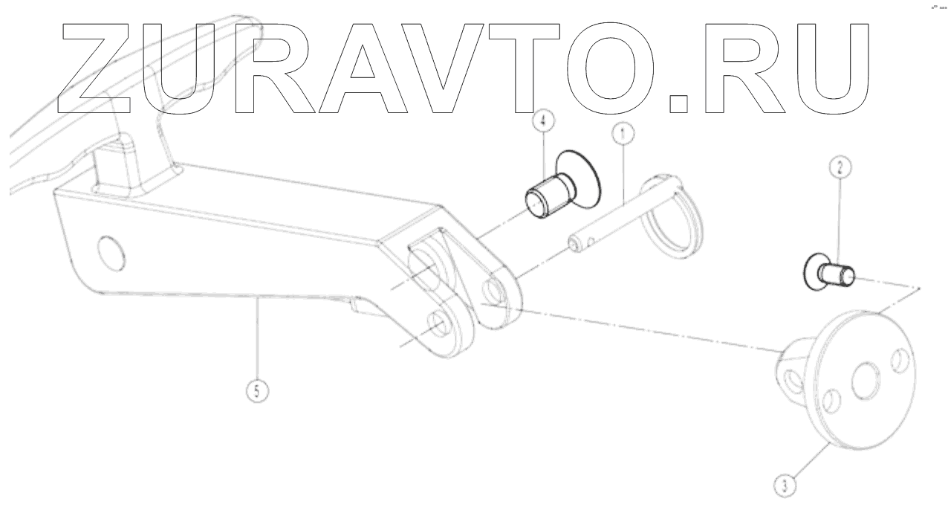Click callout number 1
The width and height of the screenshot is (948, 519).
(x=622, y=134)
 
